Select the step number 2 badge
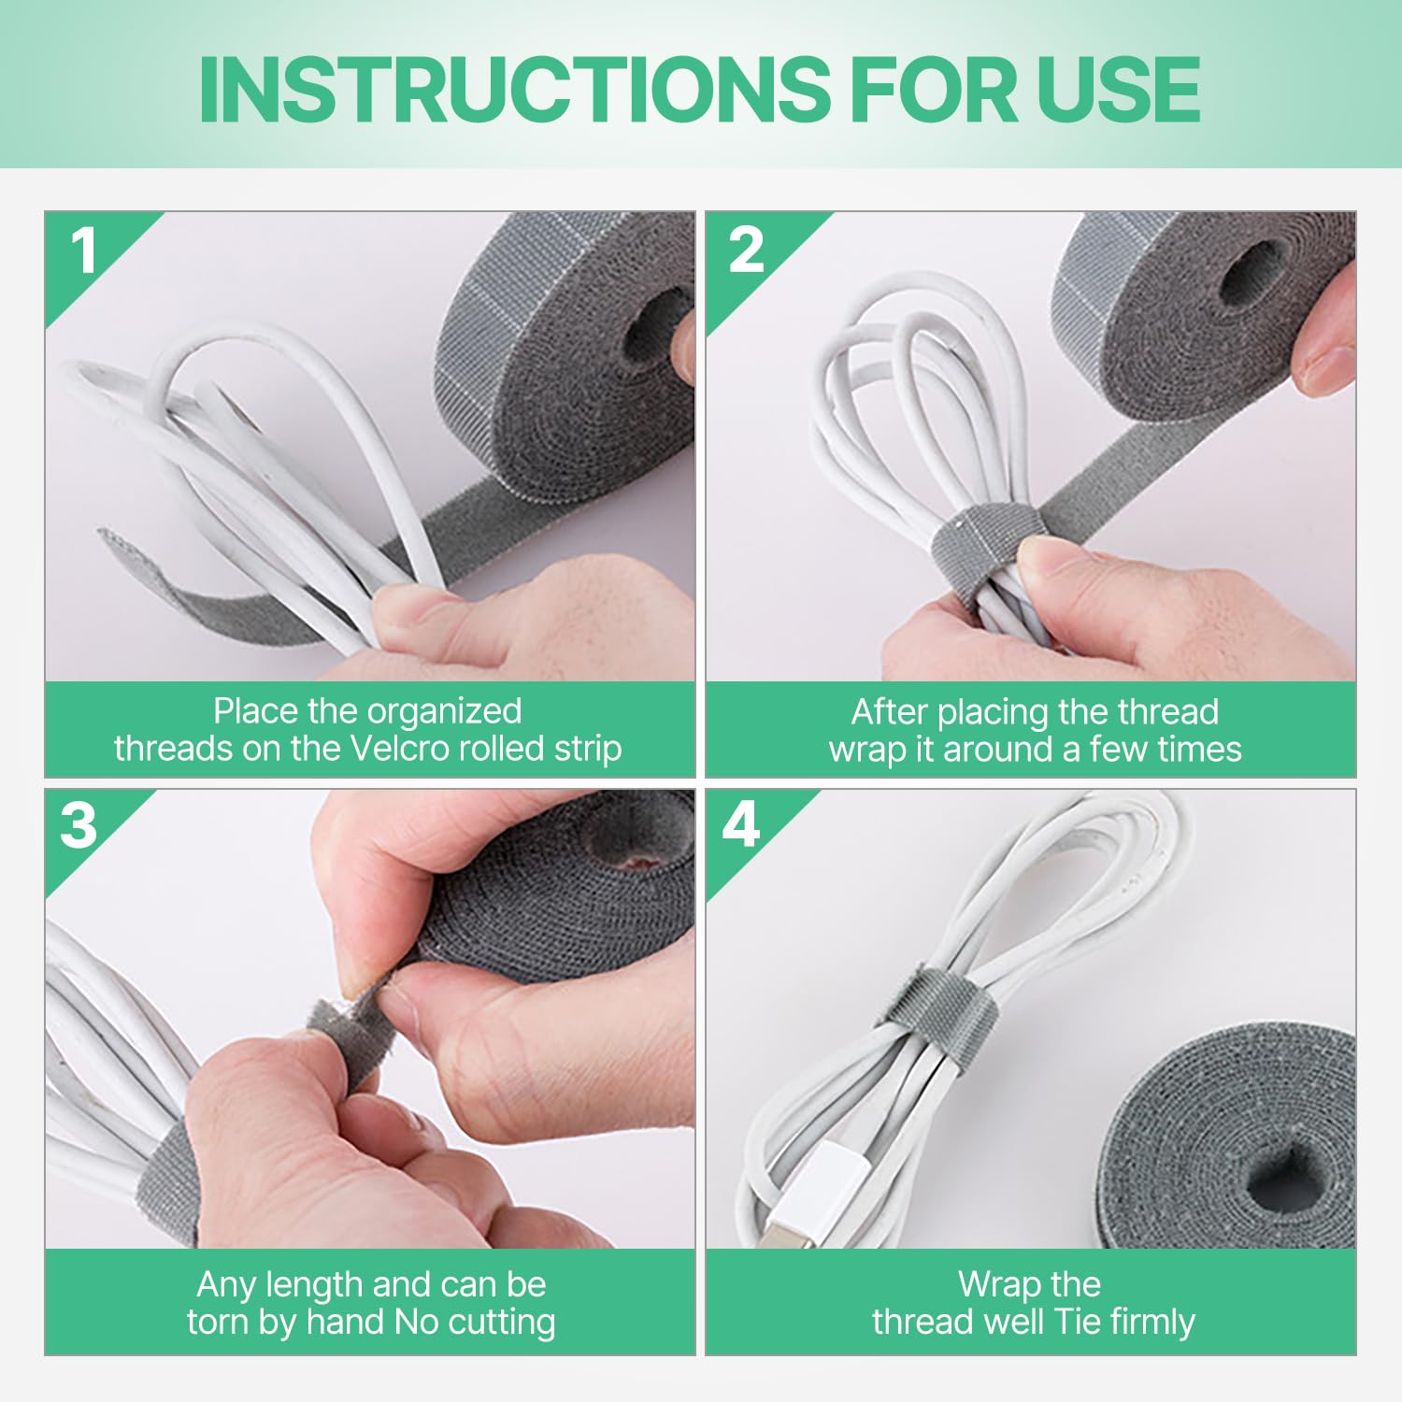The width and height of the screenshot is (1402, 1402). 746,250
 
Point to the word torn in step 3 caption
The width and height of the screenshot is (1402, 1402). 218,1323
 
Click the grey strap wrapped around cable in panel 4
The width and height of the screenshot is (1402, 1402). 940,1019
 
